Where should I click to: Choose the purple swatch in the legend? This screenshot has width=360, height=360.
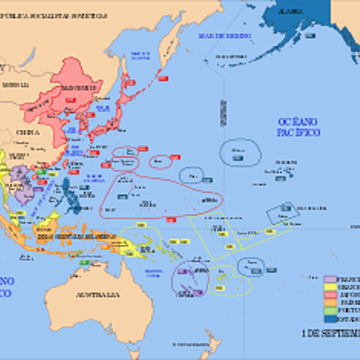pos(330,279)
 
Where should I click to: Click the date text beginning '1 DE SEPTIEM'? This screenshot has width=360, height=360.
pos(329,332)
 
